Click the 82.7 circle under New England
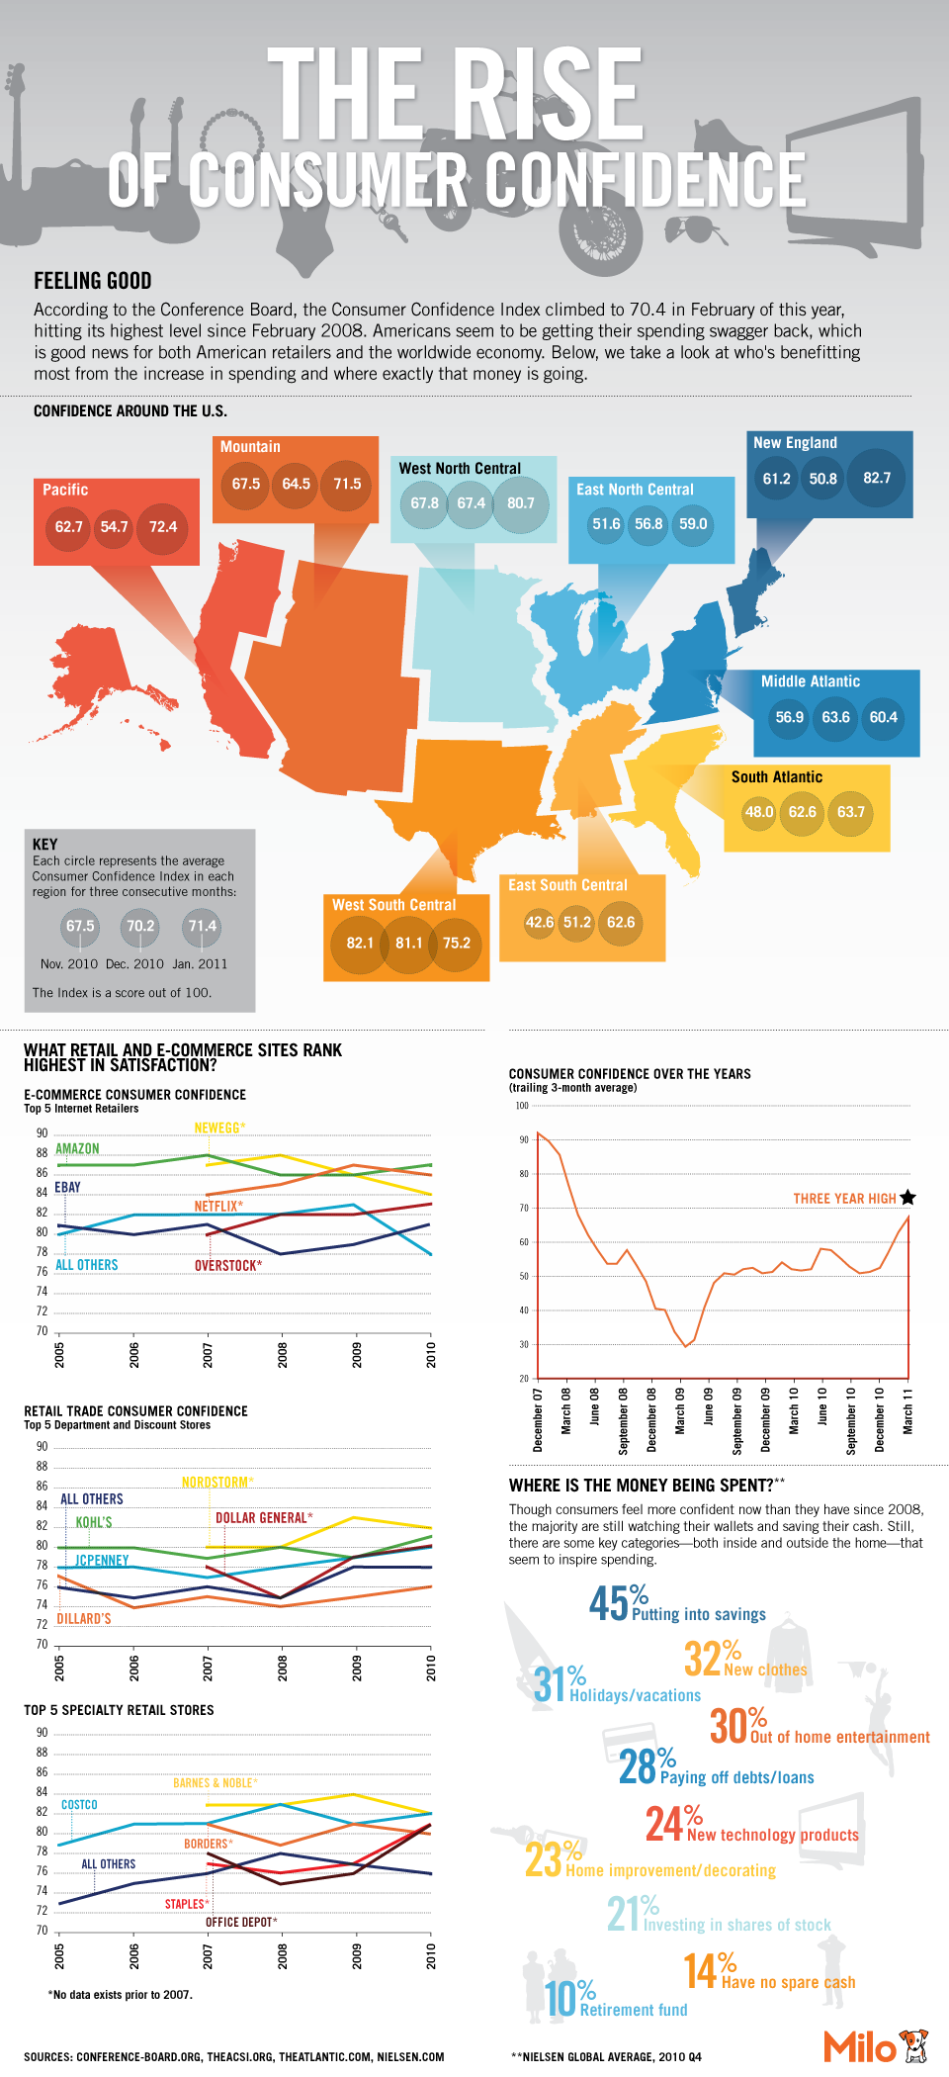click(x=876, y=478)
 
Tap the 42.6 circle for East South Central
click(x=540, y=922)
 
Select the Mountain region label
click(x=250, y=447)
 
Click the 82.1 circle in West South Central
click(x=360, y=943)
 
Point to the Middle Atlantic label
click(x=810, y=681)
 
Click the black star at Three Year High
click(x=907, y=1198)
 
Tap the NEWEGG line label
click(x=219, y=1128)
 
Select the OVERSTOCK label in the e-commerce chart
click(x=228, y=1265)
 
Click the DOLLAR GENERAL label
click(x=264, y=1517)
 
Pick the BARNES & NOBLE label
click(x=215, y=1782)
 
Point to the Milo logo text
click(x=859, y=2046)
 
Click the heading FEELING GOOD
click(x=93, y=281)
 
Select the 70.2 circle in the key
click(x=140, y=926)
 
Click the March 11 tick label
click(x=907, y=1411)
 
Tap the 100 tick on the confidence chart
click(x=522, y=1106)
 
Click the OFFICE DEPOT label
click(x=241, y=1922)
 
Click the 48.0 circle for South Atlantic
click(x=759, y=812)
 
